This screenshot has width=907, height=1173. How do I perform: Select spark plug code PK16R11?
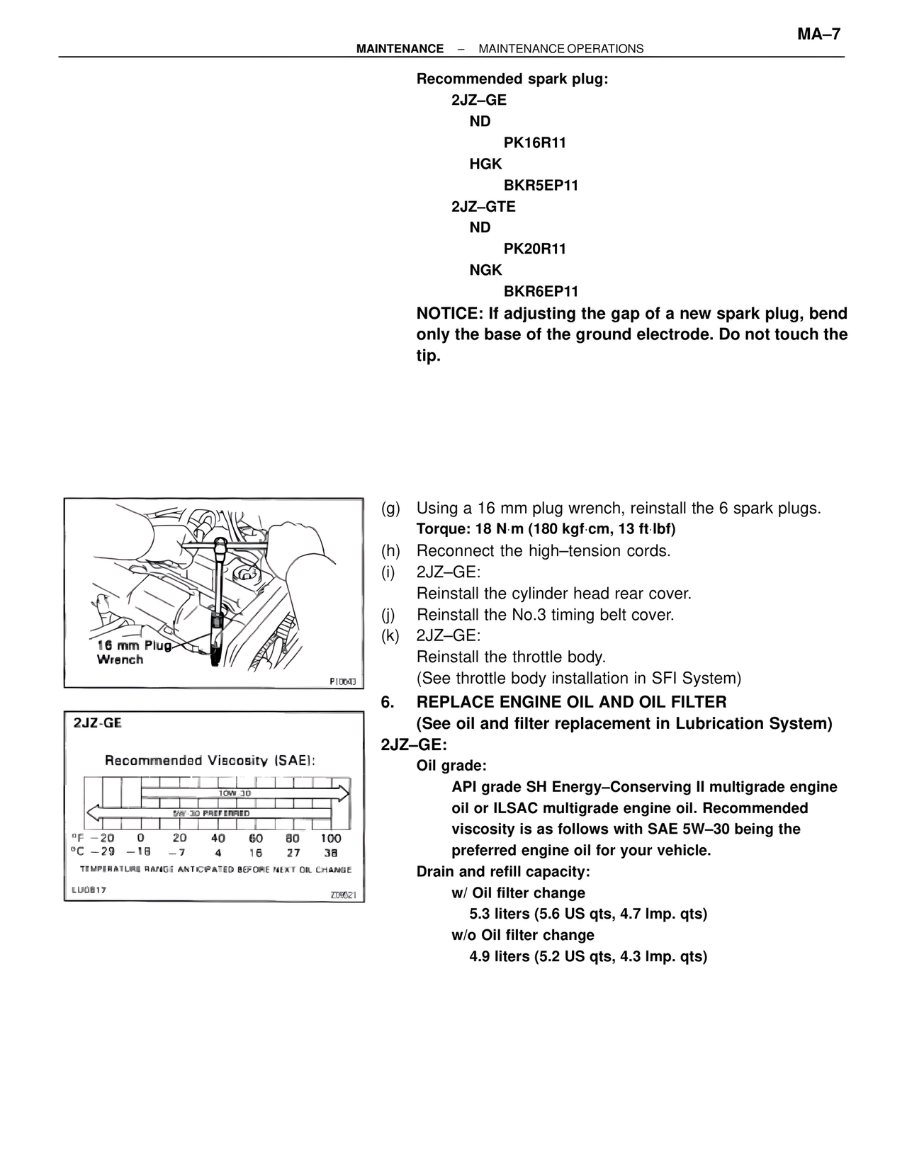click(x=534, y=143)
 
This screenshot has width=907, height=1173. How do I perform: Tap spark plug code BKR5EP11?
click(x=541, y=186)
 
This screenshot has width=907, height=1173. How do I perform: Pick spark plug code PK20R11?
click(x=534, y=249)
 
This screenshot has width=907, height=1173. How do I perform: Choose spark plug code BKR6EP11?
click(x=541, y=292)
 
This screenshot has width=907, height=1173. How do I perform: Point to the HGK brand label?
click(x=485, y=164)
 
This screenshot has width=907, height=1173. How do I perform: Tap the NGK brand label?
click(x=485, y=271)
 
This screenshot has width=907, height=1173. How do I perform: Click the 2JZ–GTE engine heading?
click(x=483, y=207)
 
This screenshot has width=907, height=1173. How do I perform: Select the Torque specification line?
click(x=546, y=530)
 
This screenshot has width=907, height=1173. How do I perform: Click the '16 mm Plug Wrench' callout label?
click(x=133, y=652)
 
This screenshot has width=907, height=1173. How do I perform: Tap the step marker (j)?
click(x=390, y=615)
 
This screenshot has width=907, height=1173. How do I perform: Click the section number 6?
click(x=387, y=703)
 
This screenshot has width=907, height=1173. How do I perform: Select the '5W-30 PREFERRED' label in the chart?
click(x=211, y=813)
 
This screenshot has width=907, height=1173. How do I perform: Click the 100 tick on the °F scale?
click(x=331, y=839)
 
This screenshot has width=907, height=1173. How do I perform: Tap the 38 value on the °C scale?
click(x=331, y=854)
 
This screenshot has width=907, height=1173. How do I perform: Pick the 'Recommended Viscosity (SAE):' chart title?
click(x=210, y=761)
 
